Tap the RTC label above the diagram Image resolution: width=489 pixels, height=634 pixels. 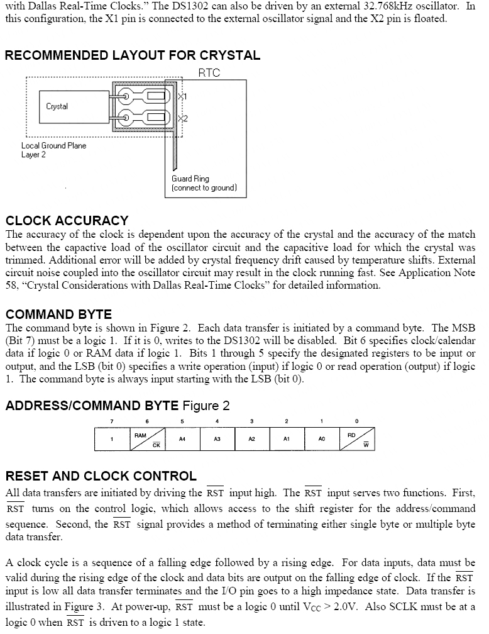(209, 73)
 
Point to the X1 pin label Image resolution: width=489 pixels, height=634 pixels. (183, 96)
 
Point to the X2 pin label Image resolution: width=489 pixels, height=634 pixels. (183, 118)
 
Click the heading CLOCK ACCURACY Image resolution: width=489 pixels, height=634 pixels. (67, 221)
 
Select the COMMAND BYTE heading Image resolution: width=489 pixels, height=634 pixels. (58, 314)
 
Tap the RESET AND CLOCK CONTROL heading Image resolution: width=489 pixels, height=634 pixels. (101, 476)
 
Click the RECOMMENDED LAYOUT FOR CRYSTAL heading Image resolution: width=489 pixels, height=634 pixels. (132, 55)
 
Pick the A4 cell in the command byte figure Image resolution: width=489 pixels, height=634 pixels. (182, 439)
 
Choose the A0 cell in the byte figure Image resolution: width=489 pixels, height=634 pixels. (321, 439)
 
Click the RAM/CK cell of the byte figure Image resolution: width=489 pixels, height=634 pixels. (146, 439)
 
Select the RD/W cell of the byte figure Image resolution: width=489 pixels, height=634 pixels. (356, 439)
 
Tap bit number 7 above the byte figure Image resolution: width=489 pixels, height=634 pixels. (112, 421)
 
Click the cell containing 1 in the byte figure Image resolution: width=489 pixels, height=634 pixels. (112, 439)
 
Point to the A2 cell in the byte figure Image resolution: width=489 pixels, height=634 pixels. (251, 439)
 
